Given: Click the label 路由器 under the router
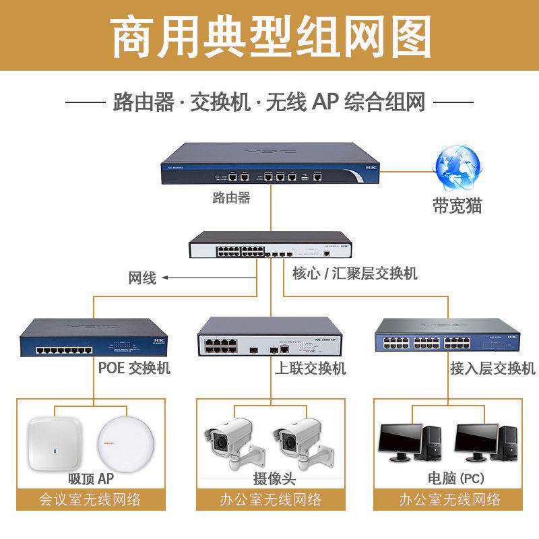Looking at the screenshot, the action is click(x=231, y=197).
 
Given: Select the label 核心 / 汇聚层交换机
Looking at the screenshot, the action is click(x=354, y=273).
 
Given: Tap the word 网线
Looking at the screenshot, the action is click(x=142, y=277).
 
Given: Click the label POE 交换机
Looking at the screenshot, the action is click(x=135, y=368).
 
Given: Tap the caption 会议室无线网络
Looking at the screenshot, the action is click(x=91, y=500).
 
